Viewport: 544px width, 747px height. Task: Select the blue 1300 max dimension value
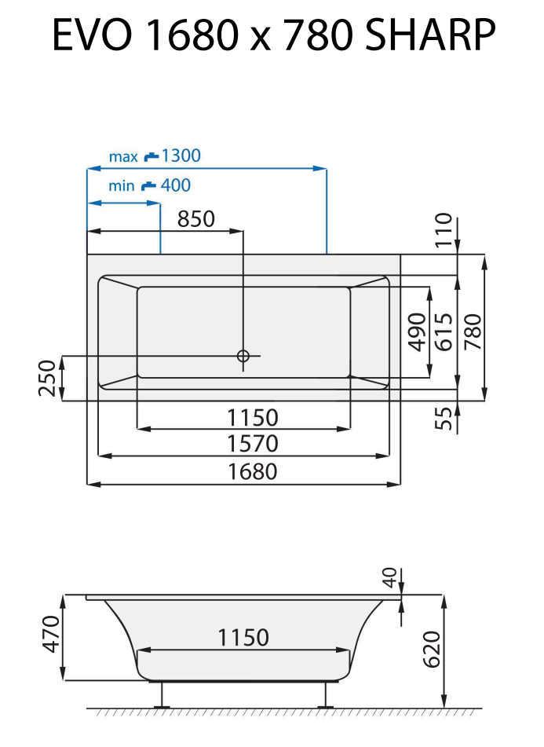(x=181, y=156)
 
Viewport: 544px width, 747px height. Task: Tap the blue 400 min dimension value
(x=175, y=186)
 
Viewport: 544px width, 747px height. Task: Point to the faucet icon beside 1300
(x=151, y=156)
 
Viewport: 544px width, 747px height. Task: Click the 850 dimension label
(x=195, y=219)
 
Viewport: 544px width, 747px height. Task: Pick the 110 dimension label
(x=444, y=230)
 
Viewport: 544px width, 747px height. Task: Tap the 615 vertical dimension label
(x=444, y=331)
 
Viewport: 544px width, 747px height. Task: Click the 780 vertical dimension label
(x=472, y=331)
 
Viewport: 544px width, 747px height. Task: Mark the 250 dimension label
(x=49, y=378)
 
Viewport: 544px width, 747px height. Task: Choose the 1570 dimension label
(x=253, y=444)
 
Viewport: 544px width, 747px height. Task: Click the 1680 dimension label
(x=253, y=471)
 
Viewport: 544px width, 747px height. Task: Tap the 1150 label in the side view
(x=243, y=637)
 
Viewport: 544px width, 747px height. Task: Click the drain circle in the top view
(x=243, y=357)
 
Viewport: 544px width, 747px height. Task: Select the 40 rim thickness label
(x=390, y=579)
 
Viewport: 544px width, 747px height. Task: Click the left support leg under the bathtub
(x=162, y=695)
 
